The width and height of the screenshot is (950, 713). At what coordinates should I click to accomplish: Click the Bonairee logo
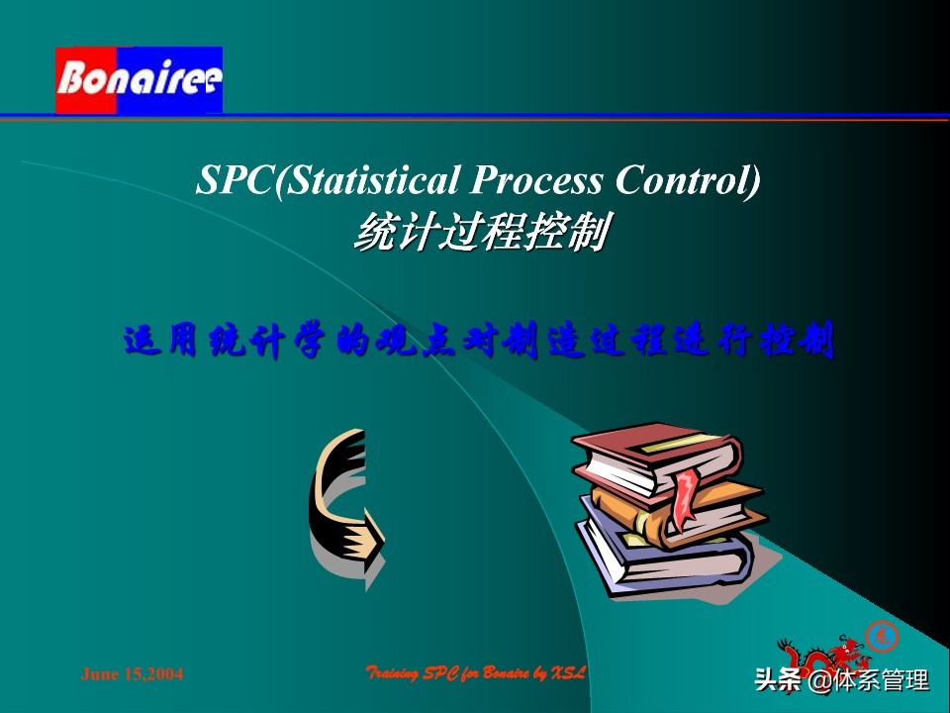(x=139, y=79)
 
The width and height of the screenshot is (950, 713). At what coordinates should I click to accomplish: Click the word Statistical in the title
(x=370, y=180)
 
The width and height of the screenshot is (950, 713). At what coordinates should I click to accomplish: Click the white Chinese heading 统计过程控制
(x=480, y=234)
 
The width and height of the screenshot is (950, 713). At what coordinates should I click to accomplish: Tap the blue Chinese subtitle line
(x=478, y=341)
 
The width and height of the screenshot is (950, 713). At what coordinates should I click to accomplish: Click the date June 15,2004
(x=132, y=674)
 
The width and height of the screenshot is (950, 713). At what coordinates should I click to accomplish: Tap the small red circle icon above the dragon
(x=880, y=634)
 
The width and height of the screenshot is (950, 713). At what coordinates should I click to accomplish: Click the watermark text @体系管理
(x=869, y=681)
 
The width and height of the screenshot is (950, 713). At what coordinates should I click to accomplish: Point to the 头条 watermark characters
(x=778, y=681)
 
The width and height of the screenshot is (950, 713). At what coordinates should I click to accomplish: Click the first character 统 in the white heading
(x=374, y=234)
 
